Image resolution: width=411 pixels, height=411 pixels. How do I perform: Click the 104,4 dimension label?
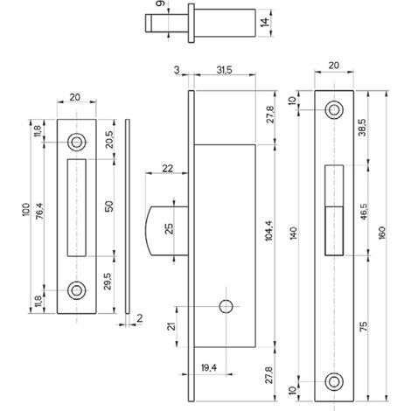(268, 231)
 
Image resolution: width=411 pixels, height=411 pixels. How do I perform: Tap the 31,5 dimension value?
(224, 70)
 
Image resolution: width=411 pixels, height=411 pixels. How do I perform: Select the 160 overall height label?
(382, 233)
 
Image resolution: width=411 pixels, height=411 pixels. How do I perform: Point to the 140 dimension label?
(294, 233)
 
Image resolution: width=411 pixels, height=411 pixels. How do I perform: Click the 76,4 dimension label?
(40, 211)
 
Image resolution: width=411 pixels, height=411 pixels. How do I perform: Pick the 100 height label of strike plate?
(25, 210)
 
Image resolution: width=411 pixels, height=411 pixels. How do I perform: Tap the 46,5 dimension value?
(364, 212)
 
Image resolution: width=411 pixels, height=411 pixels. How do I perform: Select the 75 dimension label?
(363, 326)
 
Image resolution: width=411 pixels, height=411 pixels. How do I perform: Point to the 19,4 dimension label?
(209, 368)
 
